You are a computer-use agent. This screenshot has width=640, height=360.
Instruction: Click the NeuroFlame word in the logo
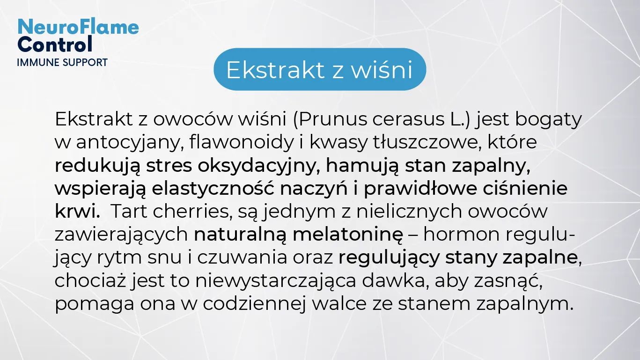tap(78, 27)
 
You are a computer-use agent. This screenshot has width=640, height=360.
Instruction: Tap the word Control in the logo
tap(55, 44)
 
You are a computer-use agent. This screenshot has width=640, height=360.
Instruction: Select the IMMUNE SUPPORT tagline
tap(62, 63)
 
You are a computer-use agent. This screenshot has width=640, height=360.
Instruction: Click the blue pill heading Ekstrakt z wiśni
tap(320, 69)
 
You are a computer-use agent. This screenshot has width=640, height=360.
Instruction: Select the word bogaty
tap(548, 120)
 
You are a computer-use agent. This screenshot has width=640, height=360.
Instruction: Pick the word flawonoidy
tap(242, 142)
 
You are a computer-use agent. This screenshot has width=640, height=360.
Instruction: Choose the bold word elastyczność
tap(213, 189)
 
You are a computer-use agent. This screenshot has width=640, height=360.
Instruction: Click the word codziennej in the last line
tap(254, 303)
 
